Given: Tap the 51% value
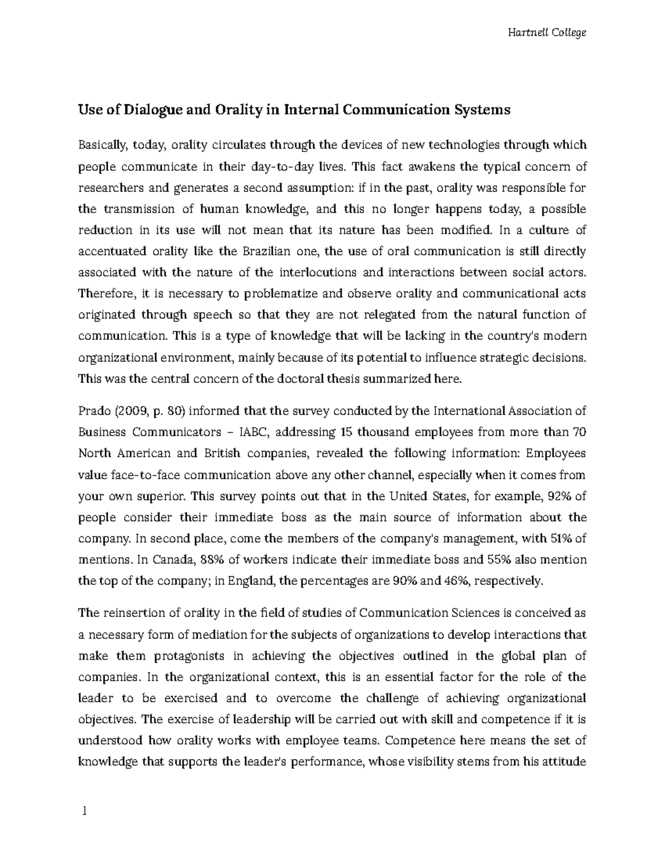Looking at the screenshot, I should [x=563, y=538].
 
